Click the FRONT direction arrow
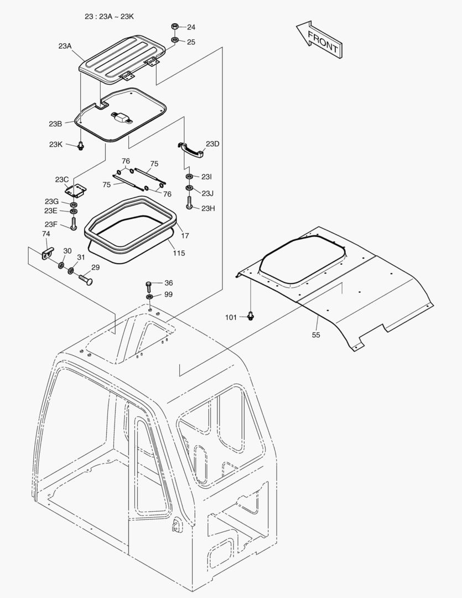[319, 39]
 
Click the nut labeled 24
[174, 27]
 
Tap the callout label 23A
[65, 46]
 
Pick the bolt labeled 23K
[80, 146]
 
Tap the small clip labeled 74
[47, 253]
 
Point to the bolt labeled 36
[149, 286]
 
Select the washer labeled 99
[149, 297]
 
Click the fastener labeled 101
[251, 316]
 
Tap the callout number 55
[316, 335]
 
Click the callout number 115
[179, 253]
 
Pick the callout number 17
[185, 236]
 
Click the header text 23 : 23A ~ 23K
[109, 17]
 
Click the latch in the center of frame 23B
[121, 117]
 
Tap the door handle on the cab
[177, 525]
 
